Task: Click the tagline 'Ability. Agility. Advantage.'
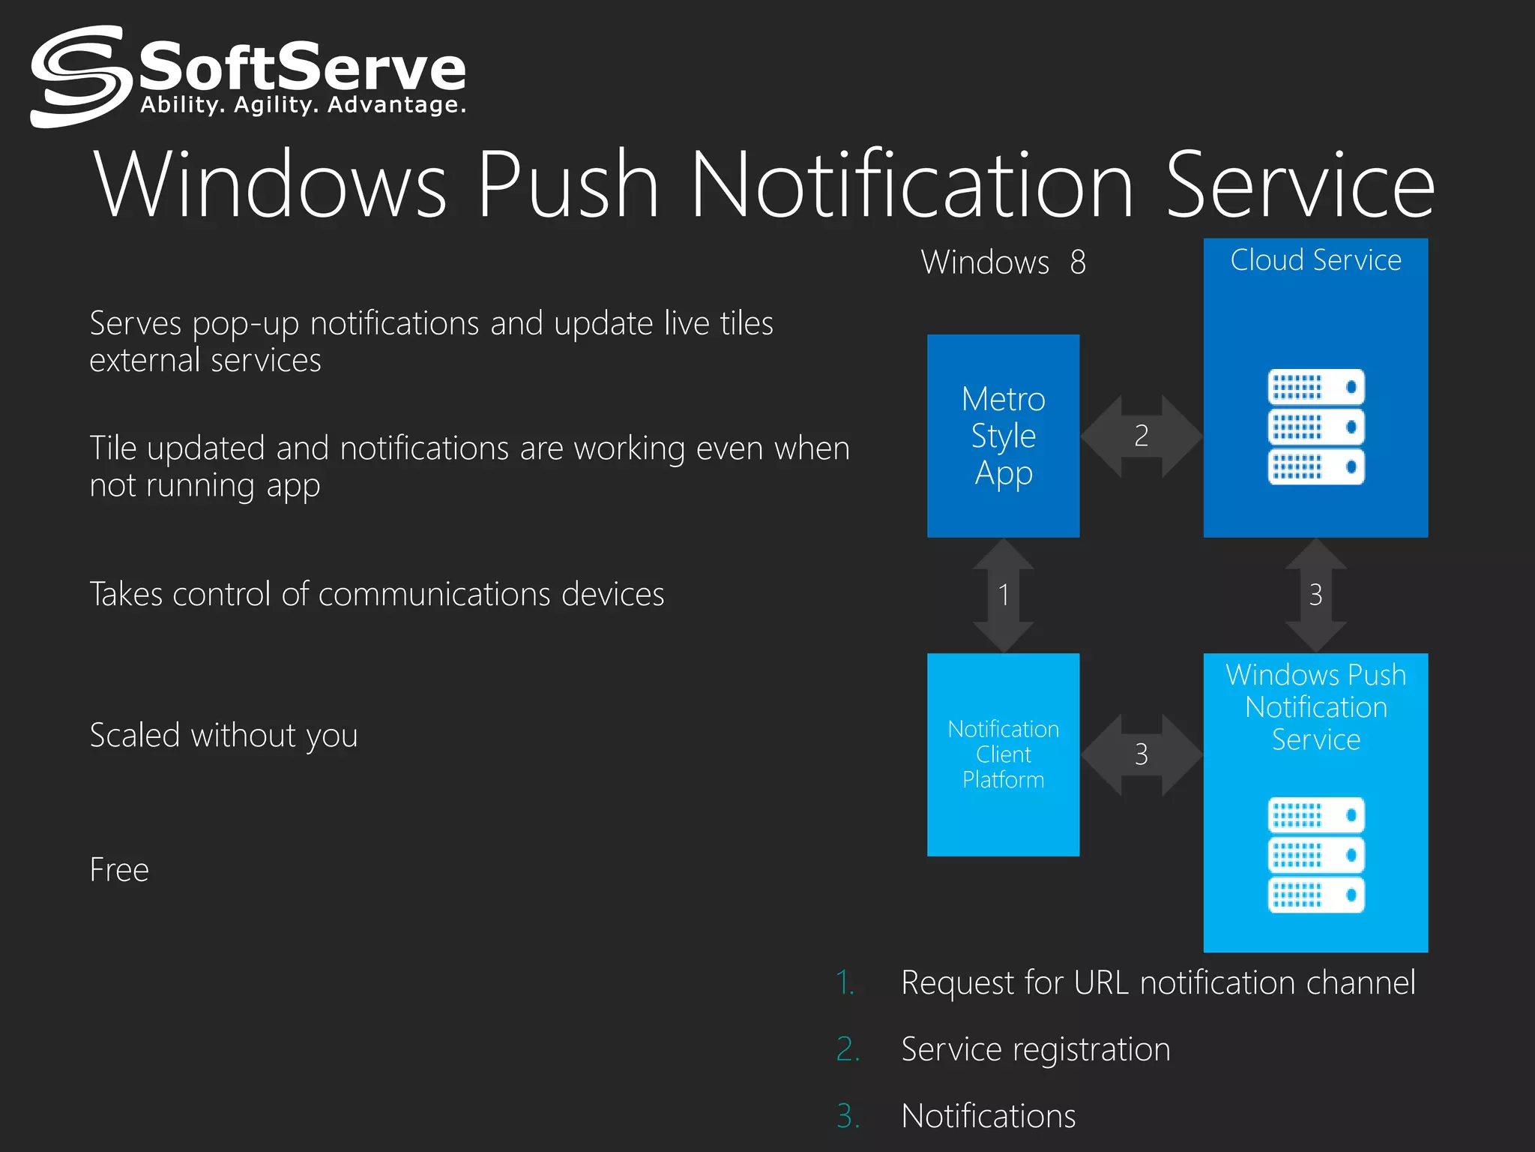click(x=303, y=105)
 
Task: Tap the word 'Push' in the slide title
click(x=567, y=184)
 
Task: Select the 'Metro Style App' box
click(x=1003, y=436)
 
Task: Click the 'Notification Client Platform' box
click(x=1003, y=754)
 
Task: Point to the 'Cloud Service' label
click(x=1315, y=260)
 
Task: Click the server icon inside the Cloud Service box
click(x=1315, y=427)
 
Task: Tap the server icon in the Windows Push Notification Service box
click(x=1315, y=855)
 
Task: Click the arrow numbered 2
click(x=1141, y=436)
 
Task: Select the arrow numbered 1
click(x=1003, y=595)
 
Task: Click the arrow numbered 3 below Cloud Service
click(x=1315, y=595)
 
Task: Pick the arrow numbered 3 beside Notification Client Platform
click(x=1141, y=754)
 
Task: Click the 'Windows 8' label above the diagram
click(x=1003, y=262)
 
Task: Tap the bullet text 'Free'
click(x=119, y=870)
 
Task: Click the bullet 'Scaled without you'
click(x=223, y=736)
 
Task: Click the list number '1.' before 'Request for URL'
click(x=845, y=982)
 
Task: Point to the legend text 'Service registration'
click(x=1035, y=1049)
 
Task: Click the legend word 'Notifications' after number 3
click(x=988, y=1116)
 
